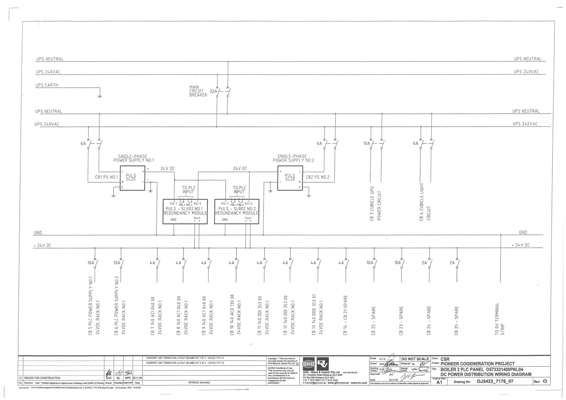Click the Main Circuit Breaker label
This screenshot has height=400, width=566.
pos(198,91)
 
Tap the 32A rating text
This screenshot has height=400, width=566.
pos(213,91)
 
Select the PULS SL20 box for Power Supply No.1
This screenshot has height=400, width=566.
pos(132,178)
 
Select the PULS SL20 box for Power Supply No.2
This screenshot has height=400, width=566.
pos(290,178)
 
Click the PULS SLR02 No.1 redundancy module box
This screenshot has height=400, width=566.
pos(185,211)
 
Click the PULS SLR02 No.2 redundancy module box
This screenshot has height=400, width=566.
pos(237,211)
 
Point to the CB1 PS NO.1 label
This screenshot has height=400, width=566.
pos(106,177)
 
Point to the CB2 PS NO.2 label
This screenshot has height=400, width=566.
pos(318,177)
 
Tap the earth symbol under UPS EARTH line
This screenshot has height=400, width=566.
pos(100,96)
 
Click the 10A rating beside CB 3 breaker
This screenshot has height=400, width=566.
pos(366,143)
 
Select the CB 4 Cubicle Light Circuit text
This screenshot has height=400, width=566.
pos(425,202)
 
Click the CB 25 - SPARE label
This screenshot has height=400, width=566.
pos(456,320)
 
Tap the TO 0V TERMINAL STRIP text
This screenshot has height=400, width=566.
pos(499,319)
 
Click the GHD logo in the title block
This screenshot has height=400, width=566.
pos(308,364)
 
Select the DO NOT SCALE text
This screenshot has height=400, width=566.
pos(415,359)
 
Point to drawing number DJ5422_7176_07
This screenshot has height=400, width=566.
pos(495,381)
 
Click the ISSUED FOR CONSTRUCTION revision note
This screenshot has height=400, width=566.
pos(42,378)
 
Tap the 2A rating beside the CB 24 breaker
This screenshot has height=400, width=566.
pos(424,263)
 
